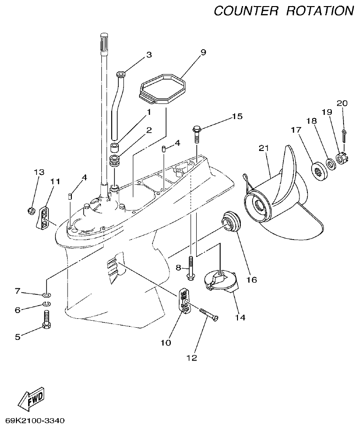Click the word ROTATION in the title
pyautogui.click(x=320, y=10)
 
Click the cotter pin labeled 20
pyautogui.click(x=344, y=136)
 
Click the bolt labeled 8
pyautogui.click(x=191, y=270)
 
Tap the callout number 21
pyautogui.click(x=264, y=149)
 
